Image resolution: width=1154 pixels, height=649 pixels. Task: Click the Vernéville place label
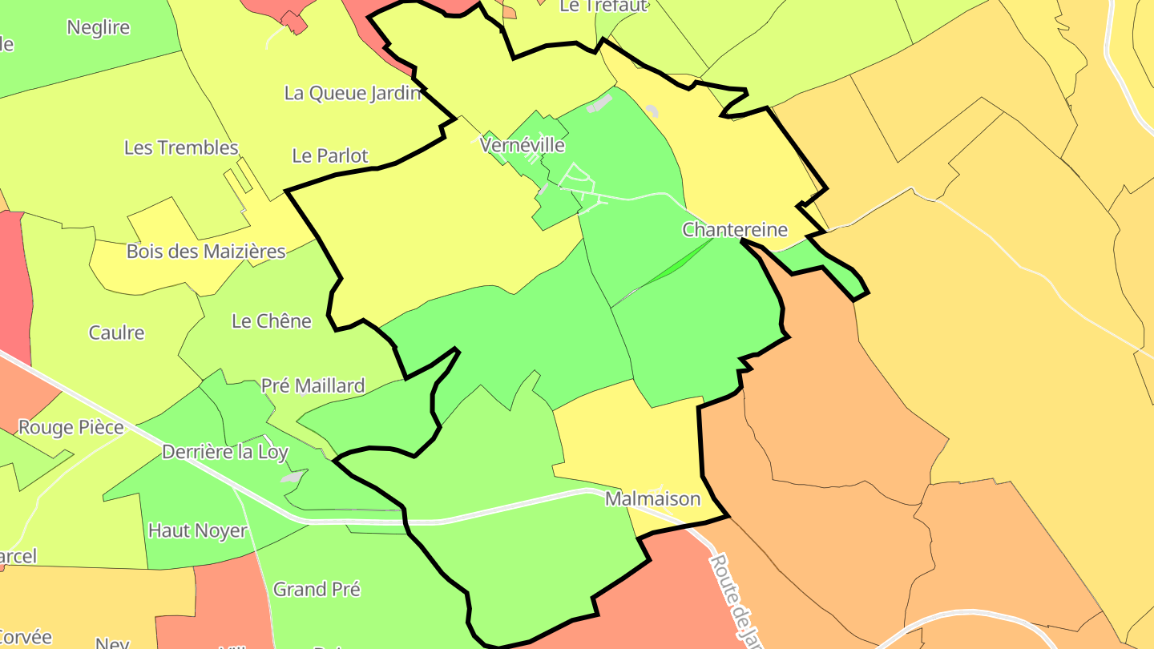tap(523, 145)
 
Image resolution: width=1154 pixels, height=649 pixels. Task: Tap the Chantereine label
tap(735, 230)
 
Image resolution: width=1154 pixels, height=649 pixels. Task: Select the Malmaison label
tap(652, 499)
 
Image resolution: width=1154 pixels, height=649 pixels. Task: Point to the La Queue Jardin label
tap(353, 93)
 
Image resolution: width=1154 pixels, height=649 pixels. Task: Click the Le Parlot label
tap(330, 155)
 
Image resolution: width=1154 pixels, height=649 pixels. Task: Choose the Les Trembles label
tap(181, 147)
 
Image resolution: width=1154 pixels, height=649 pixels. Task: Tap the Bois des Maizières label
tap(206, 252)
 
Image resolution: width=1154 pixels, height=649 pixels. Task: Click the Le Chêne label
tap(271, 321)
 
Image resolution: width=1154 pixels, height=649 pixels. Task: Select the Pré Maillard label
tap(313, 386)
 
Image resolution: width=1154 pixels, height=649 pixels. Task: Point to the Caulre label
tap(116, 333)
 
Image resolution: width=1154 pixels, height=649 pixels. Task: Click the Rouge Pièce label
tap(71, 428)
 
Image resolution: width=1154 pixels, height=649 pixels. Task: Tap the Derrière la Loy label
tap(224, 452)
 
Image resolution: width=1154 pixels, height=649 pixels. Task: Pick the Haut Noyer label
tap(197, 530)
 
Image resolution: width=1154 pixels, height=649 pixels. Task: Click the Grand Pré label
tap(317, 590)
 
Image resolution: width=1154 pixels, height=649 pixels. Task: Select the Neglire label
tap(98, 27)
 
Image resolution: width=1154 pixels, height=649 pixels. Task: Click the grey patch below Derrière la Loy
tap(293, 478)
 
